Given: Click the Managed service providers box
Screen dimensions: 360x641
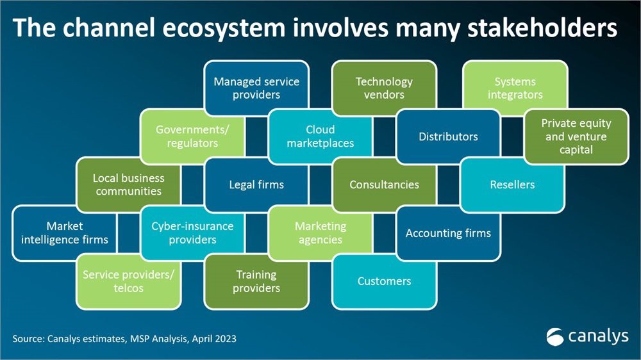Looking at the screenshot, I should click(256, 88).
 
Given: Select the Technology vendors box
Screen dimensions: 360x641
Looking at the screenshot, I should click(384, 88).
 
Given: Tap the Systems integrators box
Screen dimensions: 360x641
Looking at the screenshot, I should click(515, 88).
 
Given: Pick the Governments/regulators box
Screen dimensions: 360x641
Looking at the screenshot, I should click(192, 136).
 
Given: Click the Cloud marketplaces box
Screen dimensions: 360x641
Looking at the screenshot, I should click(320, 136).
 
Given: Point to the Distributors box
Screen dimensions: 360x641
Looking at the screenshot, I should click(448, 136).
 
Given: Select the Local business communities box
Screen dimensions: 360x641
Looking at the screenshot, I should click(128, 184).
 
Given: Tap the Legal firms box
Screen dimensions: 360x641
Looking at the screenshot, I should click(256, 184).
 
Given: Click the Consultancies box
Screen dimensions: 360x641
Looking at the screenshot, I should click(384, 184).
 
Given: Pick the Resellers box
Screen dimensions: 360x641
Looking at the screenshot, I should click(512, 184).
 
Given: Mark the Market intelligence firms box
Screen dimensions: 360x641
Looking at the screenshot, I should click(64, 233).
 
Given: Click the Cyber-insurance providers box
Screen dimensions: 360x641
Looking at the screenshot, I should click(192, 233).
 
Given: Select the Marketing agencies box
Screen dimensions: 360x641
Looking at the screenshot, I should click(320, 233).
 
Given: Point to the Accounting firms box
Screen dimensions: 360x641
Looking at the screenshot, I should click(448, 233).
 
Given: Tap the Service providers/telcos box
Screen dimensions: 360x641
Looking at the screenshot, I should click(128, 281).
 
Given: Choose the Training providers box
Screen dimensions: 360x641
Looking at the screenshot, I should click(256, 281).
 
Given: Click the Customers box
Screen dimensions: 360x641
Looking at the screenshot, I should click(384, 281).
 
